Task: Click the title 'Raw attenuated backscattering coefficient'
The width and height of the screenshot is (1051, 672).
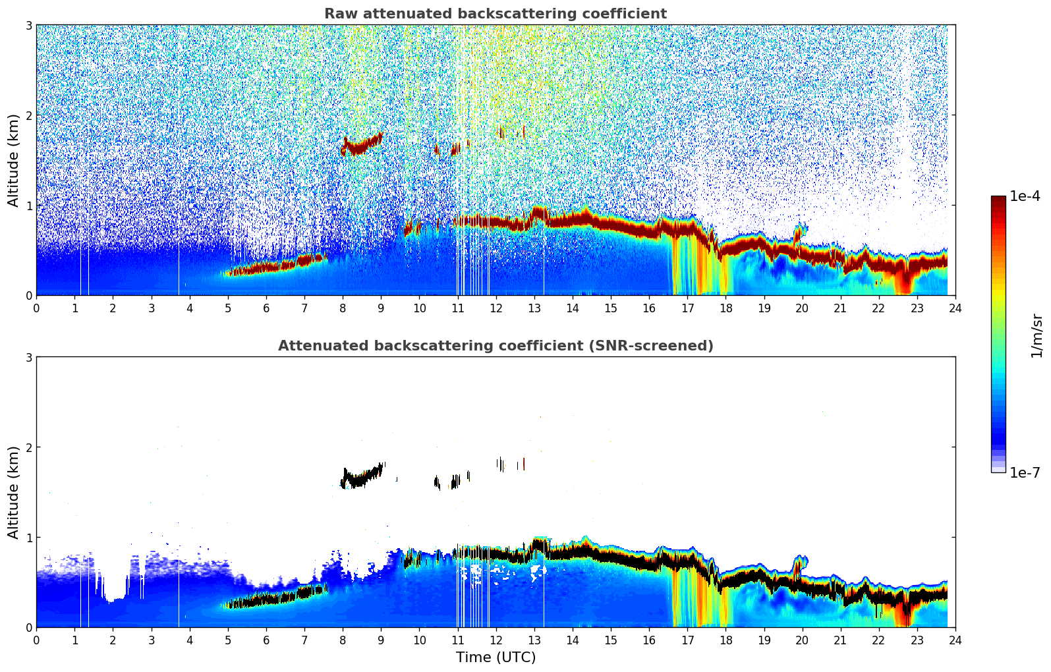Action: coord(495,14)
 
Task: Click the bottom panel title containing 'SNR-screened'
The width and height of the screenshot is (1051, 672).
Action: coord(495,346)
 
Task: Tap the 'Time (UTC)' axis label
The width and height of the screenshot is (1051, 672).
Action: coord(496,657)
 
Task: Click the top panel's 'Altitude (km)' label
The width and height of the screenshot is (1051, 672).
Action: coord(14,160)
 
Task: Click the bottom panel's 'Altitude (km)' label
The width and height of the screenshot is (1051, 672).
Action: coord(14,492)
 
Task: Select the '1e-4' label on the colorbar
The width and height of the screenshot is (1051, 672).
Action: coord(1025,196)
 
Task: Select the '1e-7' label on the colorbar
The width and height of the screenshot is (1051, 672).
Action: coord(1025,472)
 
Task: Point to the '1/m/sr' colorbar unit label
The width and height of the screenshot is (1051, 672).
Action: coord(1037,335)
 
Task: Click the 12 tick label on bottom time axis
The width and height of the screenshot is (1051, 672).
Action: coord(496,640)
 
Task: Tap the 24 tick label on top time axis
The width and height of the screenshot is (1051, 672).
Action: coord(955,308)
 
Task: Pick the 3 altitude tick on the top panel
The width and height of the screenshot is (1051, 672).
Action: coord(28,25)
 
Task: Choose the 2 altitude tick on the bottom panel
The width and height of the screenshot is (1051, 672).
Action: coord(28,447)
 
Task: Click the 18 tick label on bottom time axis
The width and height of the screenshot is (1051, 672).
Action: coord(725,640)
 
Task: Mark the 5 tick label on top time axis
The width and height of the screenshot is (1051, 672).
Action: coord(228,308)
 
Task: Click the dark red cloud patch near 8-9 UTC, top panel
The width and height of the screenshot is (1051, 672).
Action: coord(360,146)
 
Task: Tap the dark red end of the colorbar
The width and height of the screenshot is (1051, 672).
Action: coord(998,201)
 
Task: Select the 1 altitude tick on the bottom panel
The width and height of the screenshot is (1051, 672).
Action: coord(28,538)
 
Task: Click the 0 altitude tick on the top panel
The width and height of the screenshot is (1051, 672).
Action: coord(28,296)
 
